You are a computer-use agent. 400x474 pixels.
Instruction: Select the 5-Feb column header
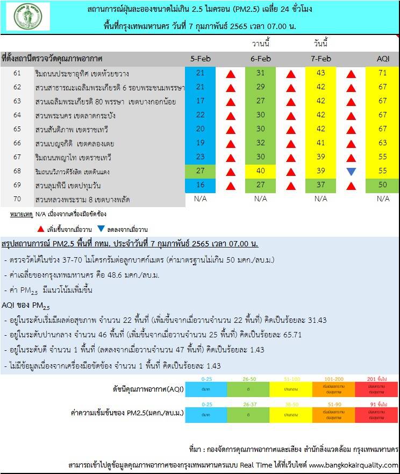point(200,58)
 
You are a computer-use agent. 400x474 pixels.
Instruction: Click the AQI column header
point(383,58)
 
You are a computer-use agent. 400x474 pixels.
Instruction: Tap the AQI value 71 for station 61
point(383,73)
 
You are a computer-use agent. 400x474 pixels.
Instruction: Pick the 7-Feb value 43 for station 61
point(320,73)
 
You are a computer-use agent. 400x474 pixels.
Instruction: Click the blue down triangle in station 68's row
point(351,172)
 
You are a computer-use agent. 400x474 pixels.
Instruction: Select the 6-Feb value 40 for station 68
point(260,171)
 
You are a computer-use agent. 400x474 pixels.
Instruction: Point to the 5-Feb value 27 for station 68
point(200,171)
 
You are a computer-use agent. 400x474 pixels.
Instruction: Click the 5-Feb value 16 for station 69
point(200,186)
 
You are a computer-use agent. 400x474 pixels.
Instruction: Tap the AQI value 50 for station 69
point(383,186)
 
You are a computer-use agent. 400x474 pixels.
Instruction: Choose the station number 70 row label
point(17,200)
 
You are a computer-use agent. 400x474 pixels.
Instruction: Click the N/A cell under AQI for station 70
point(383,199)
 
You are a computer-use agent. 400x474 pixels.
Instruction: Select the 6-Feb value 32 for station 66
point(260,143)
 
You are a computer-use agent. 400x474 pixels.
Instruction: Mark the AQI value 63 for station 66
point(383,143)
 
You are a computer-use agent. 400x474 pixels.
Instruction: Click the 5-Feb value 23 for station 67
point(200,157)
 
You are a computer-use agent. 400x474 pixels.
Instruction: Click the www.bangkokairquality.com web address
point(353,465)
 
